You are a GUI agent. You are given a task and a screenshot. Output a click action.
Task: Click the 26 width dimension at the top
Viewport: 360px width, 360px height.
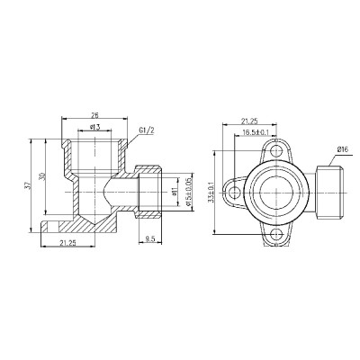pyautogui.click(x=94, y=115)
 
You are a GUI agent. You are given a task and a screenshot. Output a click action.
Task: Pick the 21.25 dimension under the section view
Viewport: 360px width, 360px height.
pyautogui.click(x=66, y=241)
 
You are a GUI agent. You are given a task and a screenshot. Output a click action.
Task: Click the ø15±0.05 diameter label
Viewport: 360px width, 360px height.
pyautogui.click(x=188, y=192)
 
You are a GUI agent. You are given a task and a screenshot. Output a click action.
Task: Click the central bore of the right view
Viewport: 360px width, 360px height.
pyautogui.click(x=275, y=191)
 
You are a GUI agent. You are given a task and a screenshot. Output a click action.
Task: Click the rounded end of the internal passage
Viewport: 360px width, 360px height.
pyautogui.click(x=104, y=191)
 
